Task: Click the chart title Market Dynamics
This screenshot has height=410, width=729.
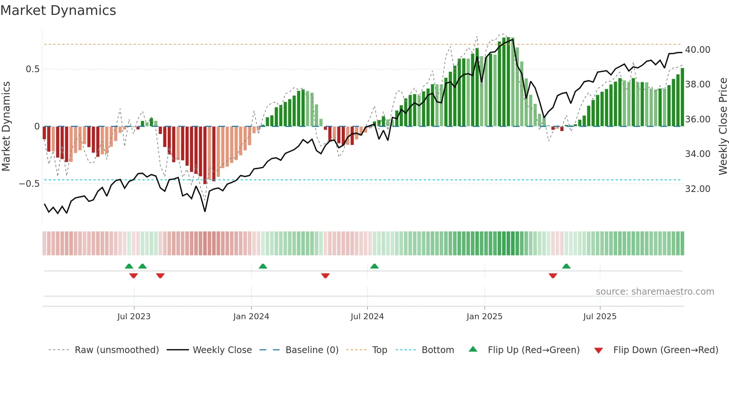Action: click(58, 10)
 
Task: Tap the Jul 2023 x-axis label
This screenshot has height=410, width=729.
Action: click(134, 317)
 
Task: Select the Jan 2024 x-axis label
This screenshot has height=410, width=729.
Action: click(251, 317)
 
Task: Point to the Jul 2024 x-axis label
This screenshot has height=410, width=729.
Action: click(367, 317)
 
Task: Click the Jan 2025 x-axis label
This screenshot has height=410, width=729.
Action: click(484, 317)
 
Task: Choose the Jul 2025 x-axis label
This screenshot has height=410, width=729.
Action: click(600, 317)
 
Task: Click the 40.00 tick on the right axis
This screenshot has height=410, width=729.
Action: click(697, 50)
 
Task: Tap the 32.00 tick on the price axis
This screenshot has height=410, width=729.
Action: click(697, 189)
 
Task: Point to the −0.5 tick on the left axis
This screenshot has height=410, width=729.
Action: click(29, 184)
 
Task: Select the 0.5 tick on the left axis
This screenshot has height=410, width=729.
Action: click(32, 69)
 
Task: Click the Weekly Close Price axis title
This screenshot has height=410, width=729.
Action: click(723, 126)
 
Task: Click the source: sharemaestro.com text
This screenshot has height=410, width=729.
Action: click(655, 292)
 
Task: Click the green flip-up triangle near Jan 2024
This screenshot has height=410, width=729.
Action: click(263, 266)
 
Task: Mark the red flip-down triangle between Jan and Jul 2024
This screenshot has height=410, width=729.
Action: click(325, 276)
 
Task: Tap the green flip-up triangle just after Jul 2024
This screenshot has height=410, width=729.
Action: click(374, 266)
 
